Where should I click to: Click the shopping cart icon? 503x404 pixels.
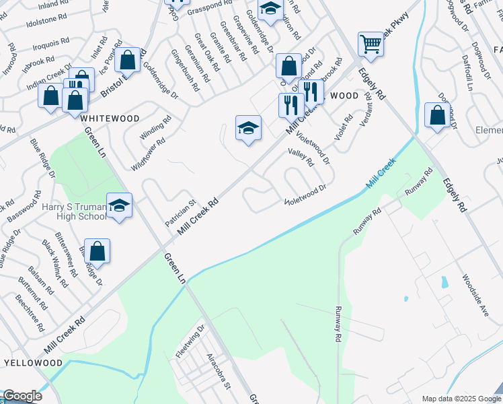coord(371,45)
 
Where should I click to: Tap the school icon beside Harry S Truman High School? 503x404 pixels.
coord(119,205)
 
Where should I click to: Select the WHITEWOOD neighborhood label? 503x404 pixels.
coord(110,119)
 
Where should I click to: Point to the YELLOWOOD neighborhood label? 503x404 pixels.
coord(33,363)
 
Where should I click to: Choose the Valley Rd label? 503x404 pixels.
coord(301,158)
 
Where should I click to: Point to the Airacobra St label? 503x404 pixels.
coord(219,370)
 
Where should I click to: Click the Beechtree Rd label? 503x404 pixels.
coord(30,315)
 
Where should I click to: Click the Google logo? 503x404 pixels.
coord(22,396)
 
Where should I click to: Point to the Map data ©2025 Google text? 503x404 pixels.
coord(460,399)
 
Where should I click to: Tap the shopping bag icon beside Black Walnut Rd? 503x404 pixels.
coord(97,251)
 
